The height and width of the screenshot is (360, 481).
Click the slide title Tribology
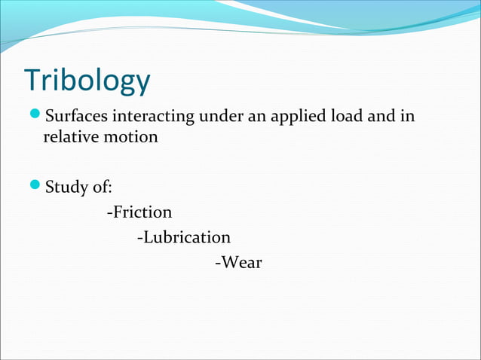point(87,81)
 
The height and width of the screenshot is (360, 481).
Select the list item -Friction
point(139,212)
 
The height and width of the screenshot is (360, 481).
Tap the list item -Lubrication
point(184,237)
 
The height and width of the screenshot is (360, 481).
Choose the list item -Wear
point(238,263)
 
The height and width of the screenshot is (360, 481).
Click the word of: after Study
point(102,187)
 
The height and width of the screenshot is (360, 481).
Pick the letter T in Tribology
point(32,80)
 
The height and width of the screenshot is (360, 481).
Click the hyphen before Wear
point(217,264)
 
